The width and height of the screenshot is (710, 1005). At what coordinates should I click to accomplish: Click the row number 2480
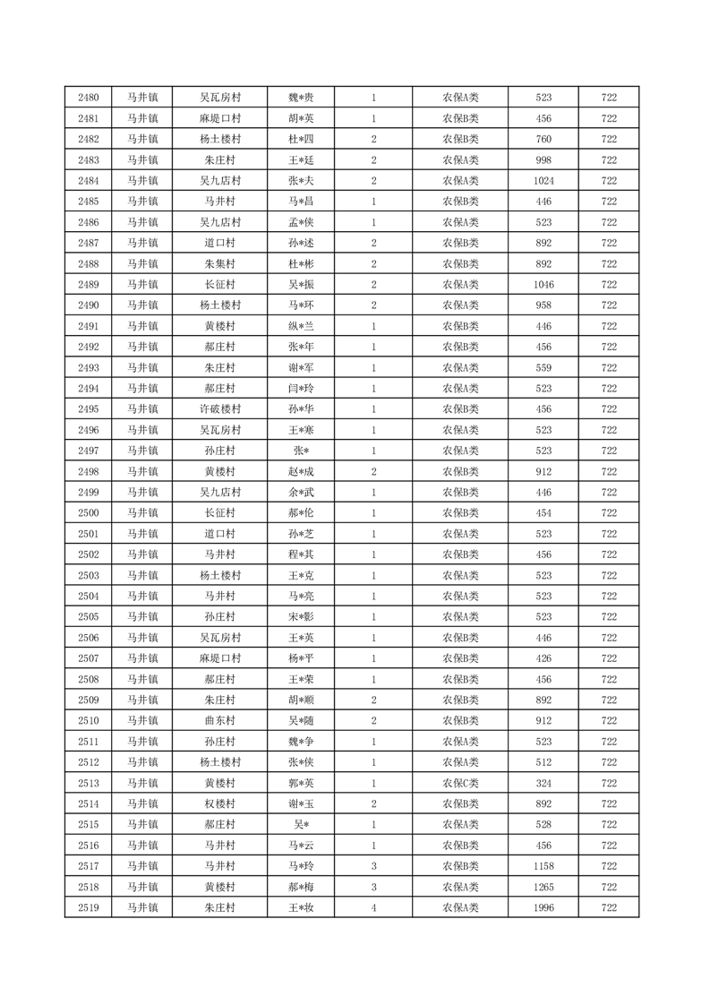(x=89, y=98)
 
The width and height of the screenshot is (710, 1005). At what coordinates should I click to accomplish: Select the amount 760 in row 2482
(x=543, y=139)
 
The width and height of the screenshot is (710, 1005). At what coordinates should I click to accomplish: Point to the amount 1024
(x=543, y=181)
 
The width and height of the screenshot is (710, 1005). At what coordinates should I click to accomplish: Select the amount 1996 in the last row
(x=543, y=908)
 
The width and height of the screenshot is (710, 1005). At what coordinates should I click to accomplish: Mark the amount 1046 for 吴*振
(x=543, y=285)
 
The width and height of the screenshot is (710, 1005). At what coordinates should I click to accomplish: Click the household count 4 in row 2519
(x=372, y=908)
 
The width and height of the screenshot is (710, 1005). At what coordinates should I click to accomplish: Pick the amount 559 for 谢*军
(x=543, y=367)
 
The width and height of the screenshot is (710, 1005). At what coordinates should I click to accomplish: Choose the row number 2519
(x=89, y=908)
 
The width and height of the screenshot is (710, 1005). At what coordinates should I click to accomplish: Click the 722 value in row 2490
(x=609, y=305)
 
